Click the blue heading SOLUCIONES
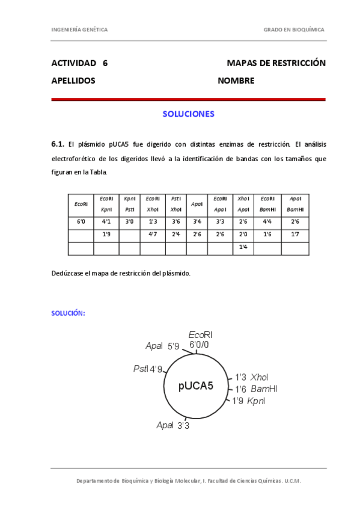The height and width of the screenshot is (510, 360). coord(188,113)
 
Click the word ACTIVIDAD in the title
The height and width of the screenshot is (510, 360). coord(75,63)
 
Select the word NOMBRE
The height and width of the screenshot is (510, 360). coord(236,81)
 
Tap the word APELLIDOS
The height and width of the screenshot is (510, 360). coord(73,81)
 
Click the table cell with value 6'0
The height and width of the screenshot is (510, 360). coord(81,222)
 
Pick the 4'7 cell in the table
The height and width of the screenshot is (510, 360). coord(153,235)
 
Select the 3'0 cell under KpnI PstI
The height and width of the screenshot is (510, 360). coord(129,222)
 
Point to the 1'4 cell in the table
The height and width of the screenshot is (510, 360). coord(243,247)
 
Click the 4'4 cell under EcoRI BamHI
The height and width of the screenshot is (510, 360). coord(267,222)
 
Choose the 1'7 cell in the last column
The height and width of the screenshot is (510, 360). coord(295,235)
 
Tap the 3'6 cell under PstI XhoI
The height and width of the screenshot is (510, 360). coord(176,222)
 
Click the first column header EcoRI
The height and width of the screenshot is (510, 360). coord(81,204)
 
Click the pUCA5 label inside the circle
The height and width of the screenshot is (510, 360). coord(196,386)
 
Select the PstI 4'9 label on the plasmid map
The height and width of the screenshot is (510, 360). coord(148,369)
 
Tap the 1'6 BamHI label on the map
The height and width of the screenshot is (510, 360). coord(256,389)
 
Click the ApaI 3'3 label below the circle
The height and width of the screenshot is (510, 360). coord(173,425)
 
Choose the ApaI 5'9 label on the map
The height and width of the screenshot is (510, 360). coord(162,346)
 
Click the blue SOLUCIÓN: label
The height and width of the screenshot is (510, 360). coord(68,313)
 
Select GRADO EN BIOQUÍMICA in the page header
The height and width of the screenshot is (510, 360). coord(294,29)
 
